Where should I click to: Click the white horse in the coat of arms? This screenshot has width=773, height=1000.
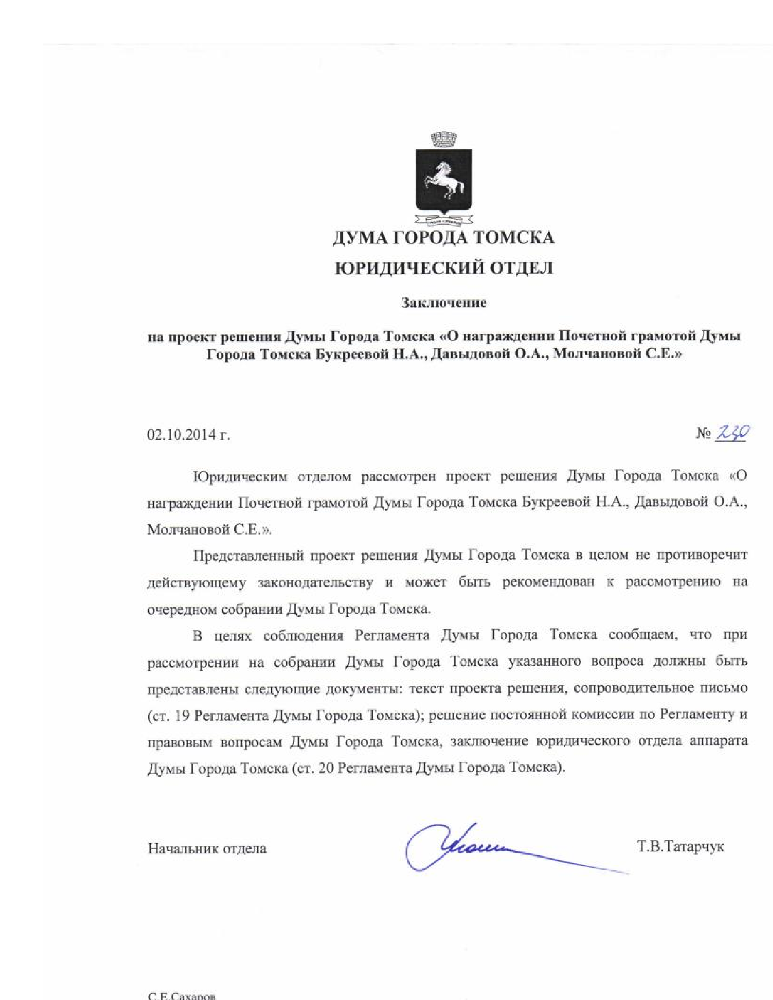pos(444,180)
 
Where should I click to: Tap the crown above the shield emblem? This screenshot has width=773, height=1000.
pos(444,139)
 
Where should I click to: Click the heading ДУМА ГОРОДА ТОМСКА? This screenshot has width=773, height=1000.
pos(443,238)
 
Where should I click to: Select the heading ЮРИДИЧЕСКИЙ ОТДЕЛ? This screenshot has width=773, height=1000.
pos(444,268)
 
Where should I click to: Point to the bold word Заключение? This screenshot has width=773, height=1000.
pos(444,302)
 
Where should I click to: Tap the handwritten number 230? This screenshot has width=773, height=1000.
pos(732,433)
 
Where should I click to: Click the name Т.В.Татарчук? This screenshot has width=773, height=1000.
pos(680,846)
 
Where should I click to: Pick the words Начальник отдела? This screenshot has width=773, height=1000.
pos(207,848)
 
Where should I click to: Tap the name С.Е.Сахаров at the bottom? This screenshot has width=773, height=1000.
pos(182,995)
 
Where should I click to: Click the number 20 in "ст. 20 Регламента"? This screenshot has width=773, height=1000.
pos(326,768)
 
